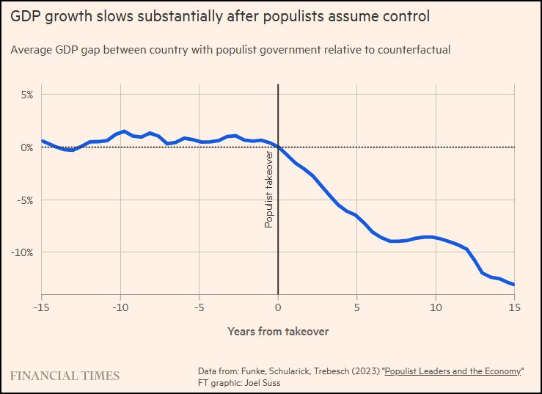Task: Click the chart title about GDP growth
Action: coord(220,15)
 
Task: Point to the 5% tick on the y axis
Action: coord(26,95)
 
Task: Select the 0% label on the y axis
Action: coord(26,147)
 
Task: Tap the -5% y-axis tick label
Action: coord(25,200)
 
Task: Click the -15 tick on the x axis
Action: coord(41,307)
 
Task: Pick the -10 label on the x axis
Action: coord(120,307)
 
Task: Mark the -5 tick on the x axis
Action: coord(199,307)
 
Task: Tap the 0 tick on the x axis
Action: coord(278,307)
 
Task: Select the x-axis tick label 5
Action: coord(356,307)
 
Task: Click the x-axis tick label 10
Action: coord(436,307)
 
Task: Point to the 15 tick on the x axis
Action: coord(514,307)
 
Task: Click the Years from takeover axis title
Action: coord(278,332)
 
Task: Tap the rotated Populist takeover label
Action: coord(269,190)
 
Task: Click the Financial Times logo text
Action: coord(65,376)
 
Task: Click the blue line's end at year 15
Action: coord(514,285)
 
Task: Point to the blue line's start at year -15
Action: coord(42,140)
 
